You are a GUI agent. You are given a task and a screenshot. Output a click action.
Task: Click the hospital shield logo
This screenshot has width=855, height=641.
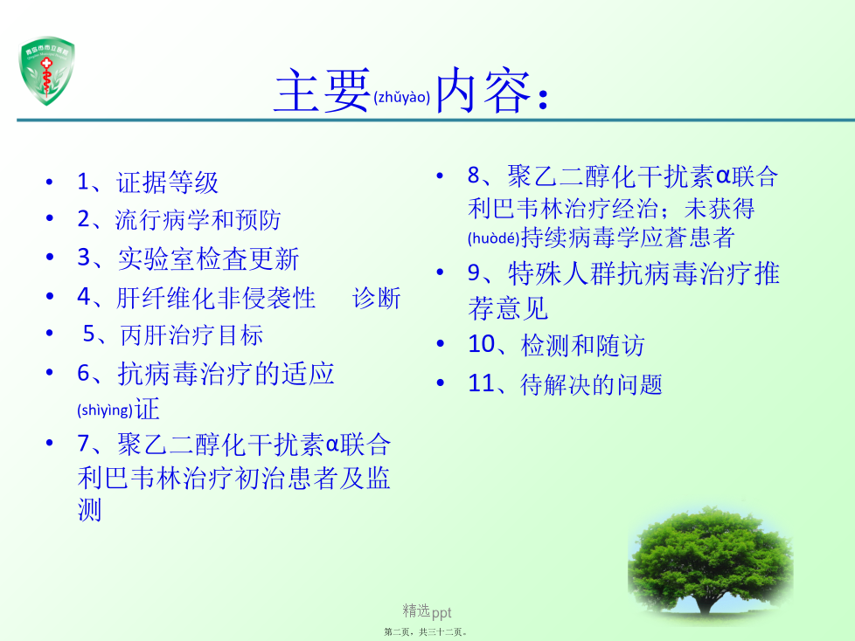pyautogui.click(x=47, y=70)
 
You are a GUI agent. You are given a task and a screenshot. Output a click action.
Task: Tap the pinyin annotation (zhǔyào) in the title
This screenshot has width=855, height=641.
pyautogui.click(x=402, y=98)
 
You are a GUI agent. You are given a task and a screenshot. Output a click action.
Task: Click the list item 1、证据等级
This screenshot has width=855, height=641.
pyautogui.click(x=148, y=182)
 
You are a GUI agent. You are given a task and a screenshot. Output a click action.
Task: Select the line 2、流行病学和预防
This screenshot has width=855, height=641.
pyautogui.click(x=179, y=219)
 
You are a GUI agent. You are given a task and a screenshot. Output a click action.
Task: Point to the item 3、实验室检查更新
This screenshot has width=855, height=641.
pyautogui.click(x=188, y=258)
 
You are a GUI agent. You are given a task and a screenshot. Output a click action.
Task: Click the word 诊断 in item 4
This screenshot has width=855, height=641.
pyautogui.click(x=376, y=298)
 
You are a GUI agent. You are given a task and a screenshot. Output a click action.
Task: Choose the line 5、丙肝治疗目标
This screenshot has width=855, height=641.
pyautogui.click(x=173, y=334)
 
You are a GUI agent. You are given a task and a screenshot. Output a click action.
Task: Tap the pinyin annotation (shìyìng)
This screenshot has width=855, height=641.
pyautogui.click(x=105, y=410)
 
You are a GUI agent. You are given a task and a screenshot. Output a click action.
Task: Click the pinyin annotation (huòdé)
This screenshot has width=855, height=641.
pyautogui.click(x=493, y=238)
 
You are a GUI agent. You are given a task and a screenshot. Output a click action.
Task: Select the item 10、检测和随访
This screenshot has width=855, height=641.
pyautogui.click(x=556, y=345)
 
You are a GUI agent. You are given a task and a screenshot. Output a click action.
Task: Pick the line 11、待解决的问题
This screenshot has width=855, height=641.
pyautogui.click(x=565, y=384)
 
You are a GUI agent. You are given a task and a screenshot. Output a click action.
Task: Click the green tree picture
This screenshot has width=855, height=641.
pyautogui.click(x=710, y=564)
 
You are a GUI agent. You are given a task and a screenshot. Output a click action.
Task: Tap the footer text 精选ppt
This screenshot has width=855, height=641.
pyautogui.click(x=427, y=611)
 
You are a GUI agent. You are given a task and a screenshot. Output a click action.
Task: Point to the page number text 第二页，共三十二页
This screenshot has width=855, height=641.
pyautogui.click(x=426, y=631)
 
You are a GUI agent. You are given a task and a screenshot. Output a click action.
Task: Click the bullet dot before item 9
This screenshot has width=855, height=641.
pyautogui.click(x=440, y=272)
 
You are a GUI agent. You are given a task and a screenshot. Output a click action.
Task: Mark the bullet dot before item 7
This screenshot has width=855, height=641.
pyautogui.click(x=50, y=443)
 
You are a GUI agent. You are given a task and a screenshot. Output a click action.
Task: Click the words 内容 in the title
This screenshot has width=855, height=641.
pyautogui.click(x=483, y=91)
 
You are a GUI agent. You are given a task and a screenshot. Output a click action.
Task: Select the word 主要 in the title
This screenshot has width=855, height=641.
pyautogui.click(x=323, y=91)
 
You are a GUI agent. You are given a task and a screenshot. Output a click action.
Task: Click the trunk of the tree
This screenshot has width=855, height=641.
pyautogui.click(x=705, y=603)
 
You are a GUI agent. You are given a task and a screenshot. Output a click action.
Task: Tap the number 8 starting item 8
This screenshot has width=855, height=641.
pyautogui.click(x=473, y=176)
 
